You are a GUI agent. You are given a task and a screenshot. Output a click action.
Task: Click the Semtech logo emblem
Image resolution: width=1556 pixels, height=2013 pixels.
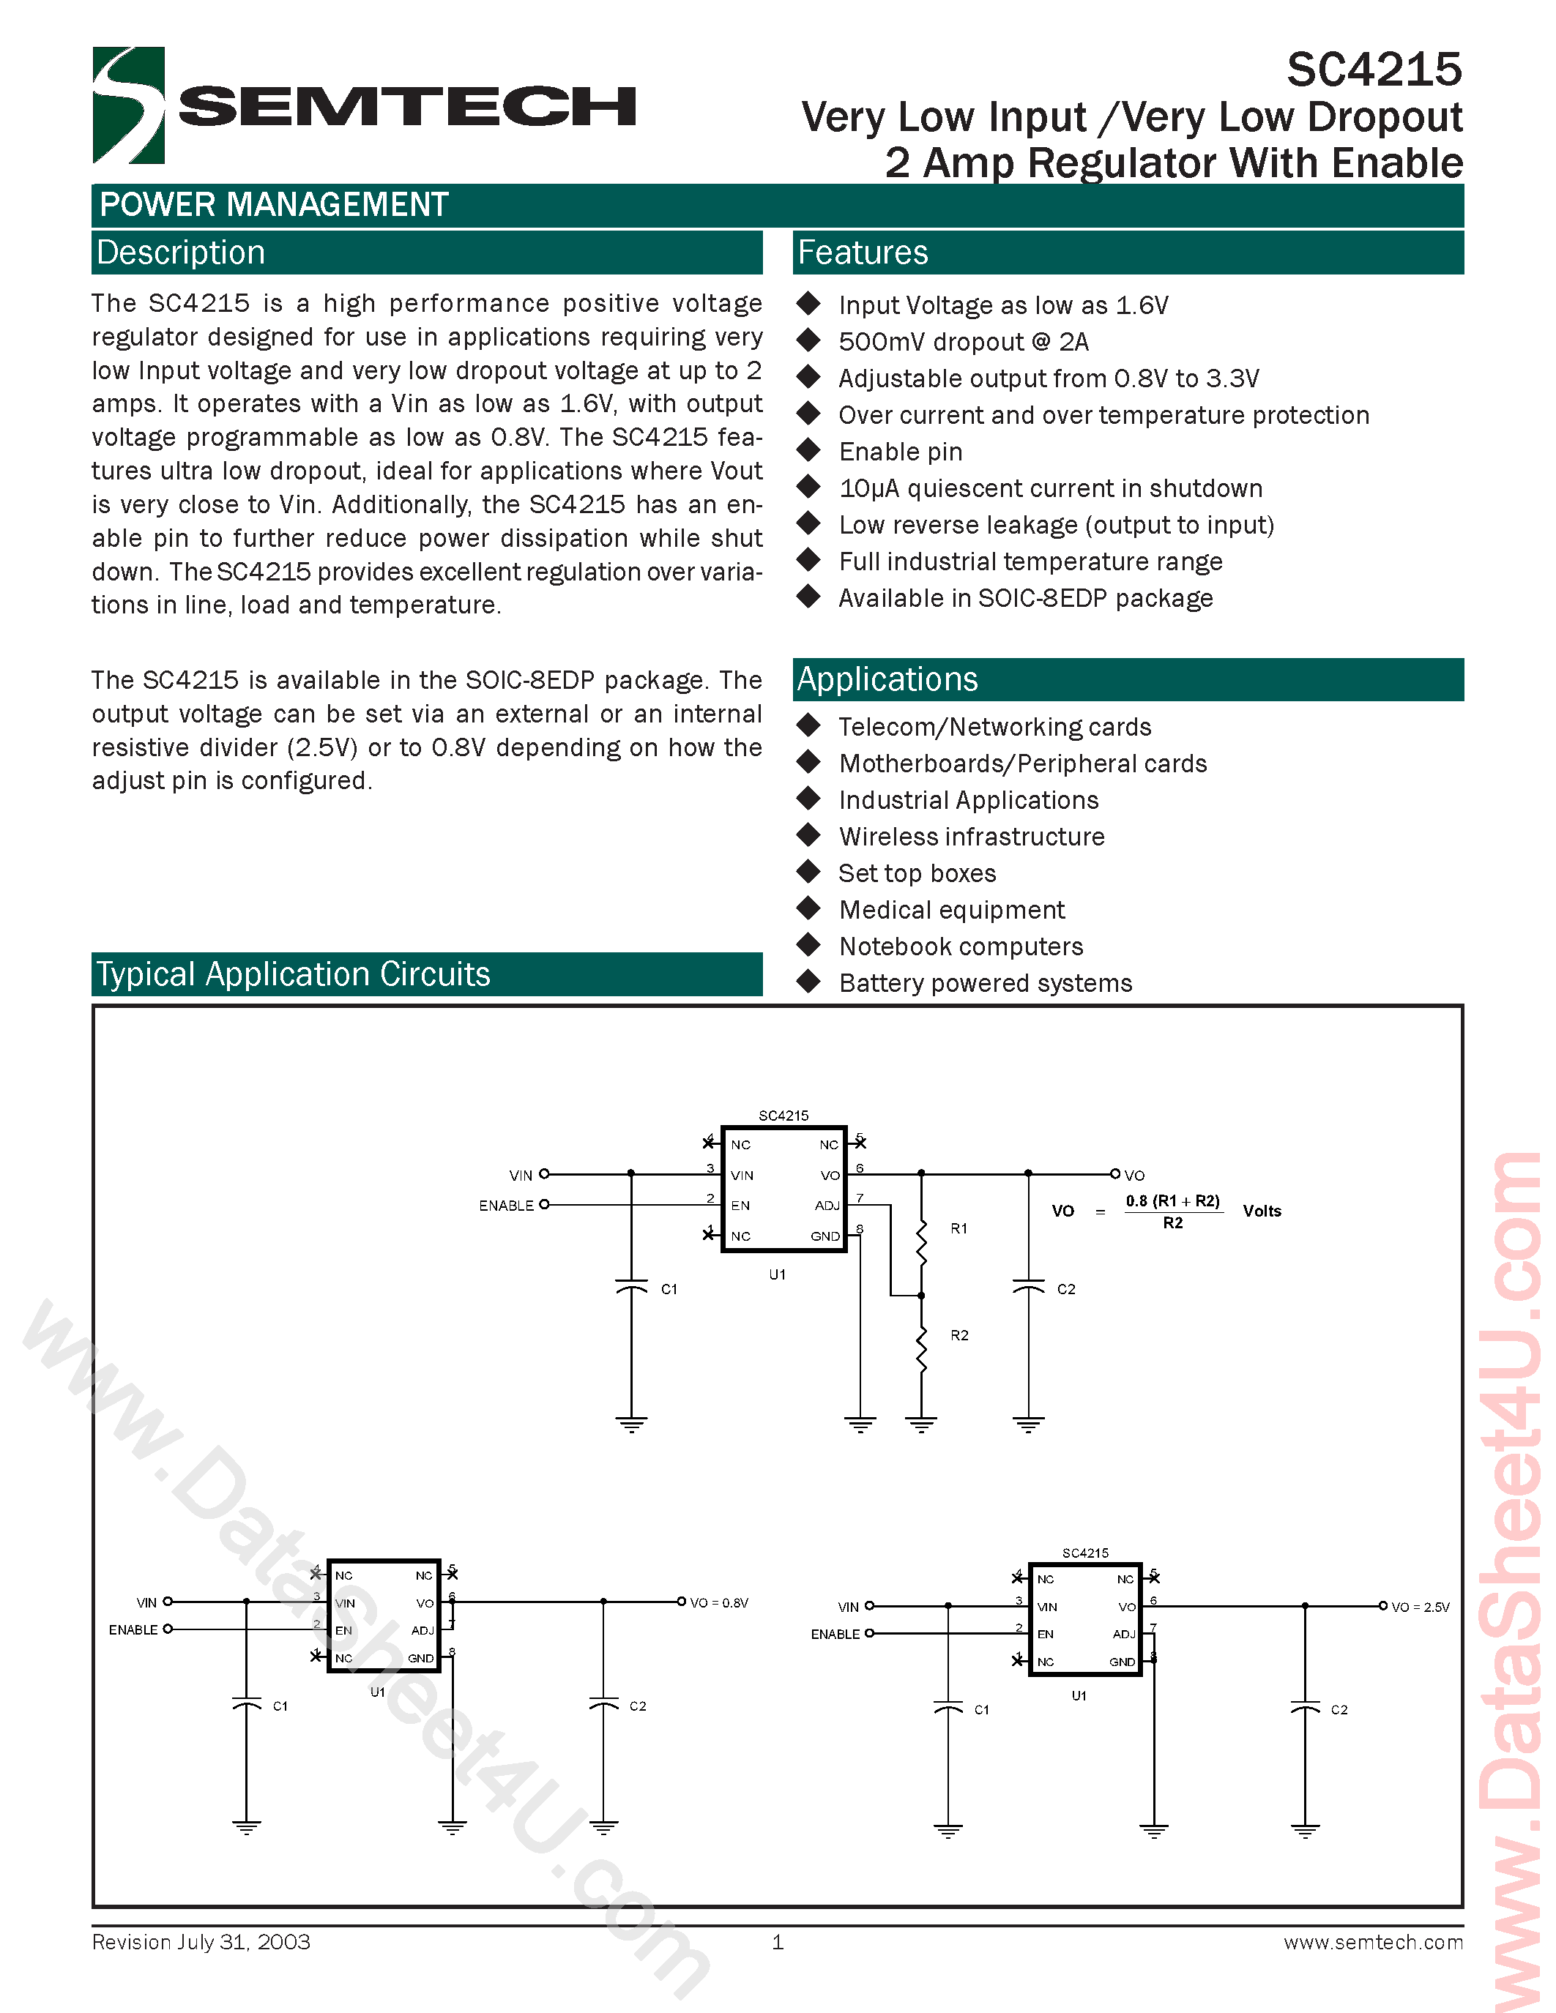(x=128, y=105)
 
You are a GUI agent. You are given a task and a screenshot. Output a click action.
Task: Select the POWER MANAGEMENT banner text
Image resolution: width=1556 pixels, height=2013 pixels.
(x=274, y=205)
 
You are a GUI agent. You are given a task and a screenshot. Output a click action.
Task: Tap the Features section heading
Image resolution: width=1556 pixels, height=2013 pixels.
(x=862, y=253)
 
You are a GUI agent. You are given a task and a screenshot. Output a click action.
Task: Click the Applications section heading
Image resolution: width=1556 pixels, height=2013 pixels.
(x=887, y=679)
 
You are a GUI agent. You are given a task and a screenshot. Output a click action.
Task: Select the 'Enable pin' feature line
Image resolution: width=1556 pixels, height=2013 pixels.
(x=900, y=452)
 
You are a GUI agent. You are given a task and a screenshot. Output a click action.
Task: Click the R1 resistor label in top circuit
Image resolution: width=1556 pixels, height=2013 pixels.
(x=958, y=1228)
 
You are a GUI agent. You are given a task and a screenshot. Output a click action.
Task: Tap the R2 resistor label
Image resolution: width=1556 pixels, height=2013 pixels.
(x=958, y=1334)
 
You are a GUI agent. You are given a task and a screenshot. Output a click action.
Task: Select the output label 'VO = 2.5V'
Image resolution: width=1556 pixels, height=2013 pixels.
(x=1420, y=1607)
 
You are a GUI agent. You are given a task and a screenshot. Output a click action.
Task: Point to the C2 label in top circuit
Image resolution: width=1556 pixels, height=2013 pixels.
(x=1065, y=1288)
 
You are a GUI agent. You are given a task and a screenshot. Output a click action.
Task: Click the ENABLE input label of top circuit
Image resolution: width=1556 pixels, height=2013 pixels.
(x=506, y=1206)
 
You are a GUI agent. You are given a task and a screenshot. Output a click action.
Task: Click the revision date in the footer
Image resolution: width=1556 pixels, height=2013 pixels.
(x=201, y=1942)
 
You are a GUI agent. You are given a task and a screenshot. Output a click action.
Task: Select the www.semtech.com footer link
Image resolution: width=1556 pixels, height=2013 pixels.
(x=1372, y=1942)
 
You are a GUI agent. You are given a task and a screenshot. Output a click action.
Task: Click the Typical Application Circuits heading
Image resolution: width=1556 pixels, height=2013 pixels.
(x=293, y=974)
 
